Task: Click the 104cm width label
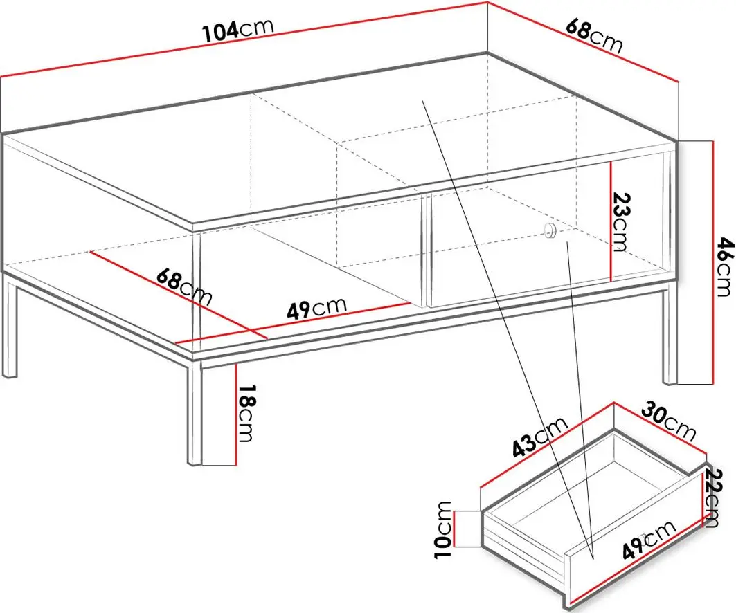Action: coord(238,30)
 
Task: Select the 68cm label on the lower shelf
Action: coord(184,286)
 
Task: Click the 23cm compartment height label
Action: coord(620,222)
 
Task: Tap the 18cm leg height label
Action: coord(246,413)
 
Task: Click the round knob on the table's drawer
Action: coord(549,230)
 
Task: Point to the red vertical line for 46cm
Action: coord(712,262)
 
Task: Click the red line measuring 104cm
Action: coord(244,40)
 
